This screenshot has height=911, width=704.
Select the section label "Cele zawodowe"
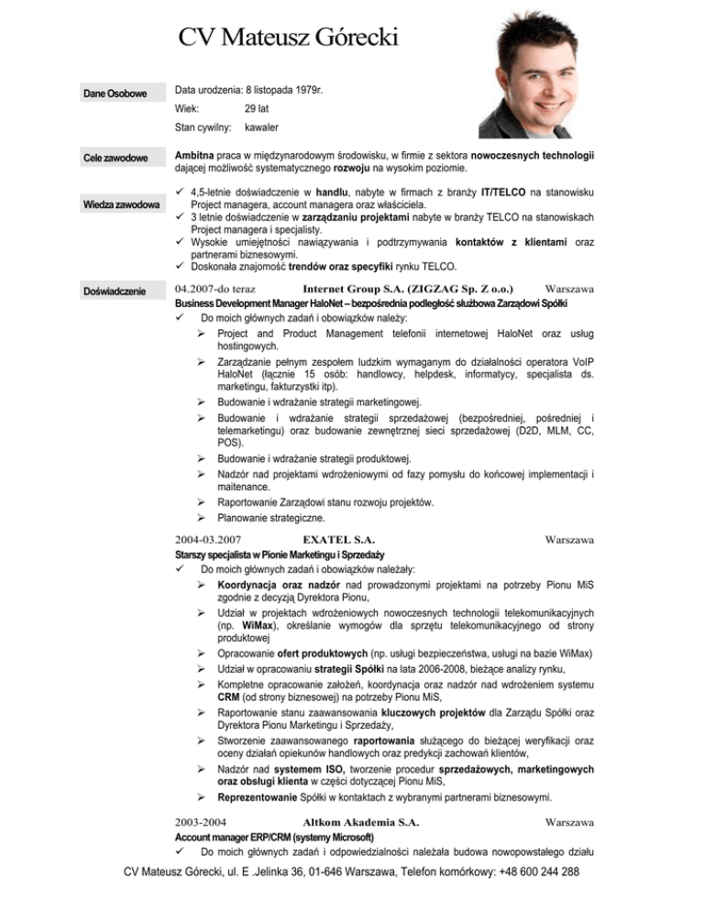(115, 159)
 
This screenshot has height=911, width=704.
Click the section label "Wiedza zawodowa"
(115, 204)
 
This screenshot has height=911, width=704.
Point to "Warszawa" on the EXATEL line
(570, 542)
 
